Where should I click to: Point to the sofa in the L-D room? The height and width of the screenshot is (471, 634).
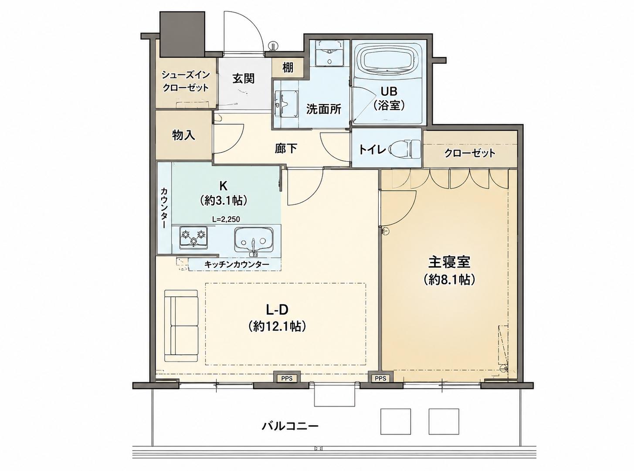coord(181,326)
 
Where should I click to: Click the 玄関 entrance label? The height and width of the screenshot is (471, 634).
coord(243,78)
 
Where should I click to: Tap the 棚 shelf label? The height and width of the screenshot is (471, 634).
coord(288,68)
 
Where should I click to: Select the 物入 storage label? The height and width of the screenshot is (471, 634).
coord(184,135)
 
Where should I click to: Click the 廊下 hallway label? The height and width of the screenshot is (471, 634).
coord(286,148)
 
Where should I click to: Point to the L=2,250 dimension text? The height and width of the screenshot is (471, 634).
coord(226,219)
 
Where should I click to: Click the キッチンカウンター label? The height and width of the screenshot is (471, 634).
coord(237,264)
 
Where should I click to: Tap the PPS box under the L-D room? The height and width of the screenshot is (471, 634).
coord(287,378)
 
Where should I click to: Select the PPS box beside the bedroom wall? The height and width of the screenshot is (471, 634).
coord(380,378)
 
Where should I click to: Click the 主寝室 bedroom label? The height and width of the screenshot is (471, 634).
coord(449,261)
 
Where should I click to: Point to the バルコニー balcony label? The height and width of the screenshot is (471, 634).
coord(290,434)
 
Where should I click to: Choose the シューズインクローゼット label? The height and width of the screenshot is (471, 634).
coord(186,81)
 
